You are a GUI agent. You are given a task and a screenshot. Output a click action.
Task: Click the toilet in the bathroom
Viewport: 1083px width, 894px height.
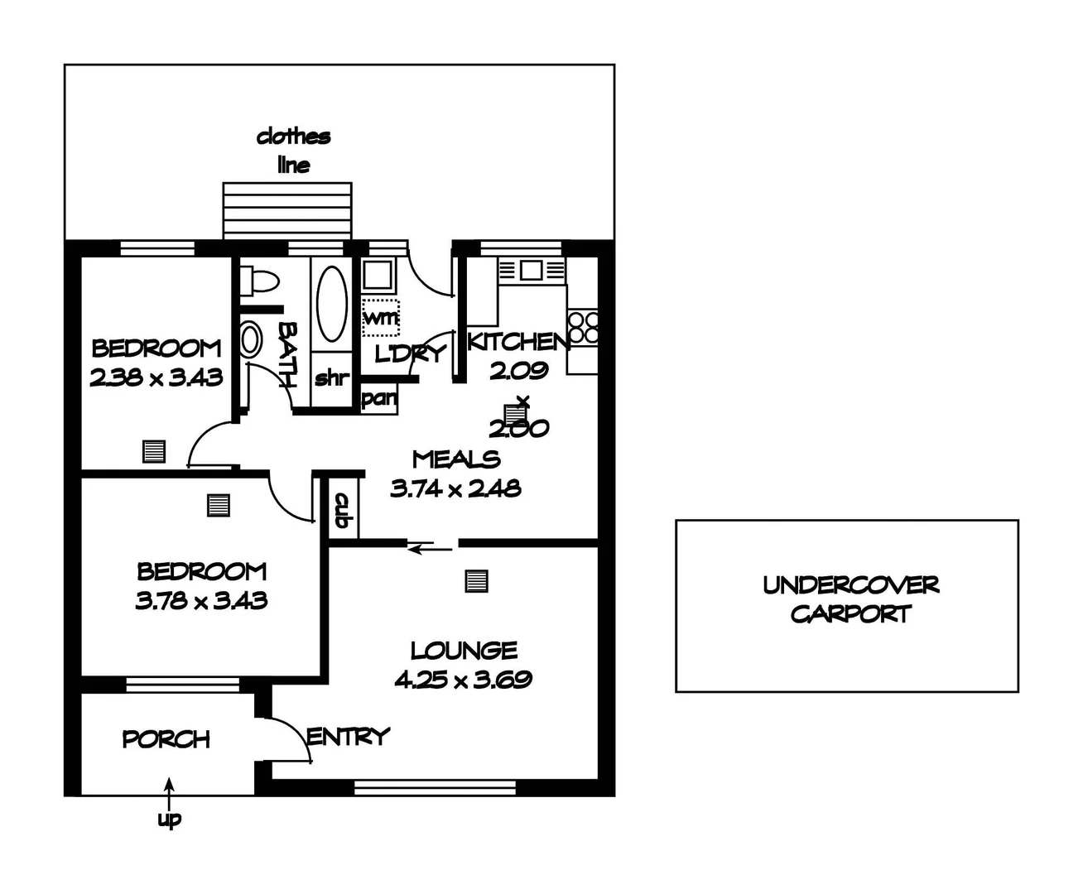point(259,281)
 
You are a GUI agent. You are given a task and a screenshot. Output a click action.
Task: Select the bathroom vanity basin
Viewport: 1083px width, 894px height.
point(251,339)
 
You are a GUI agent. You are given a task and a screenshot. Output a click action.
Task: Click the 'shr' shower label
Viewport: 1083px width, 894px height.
point(332,377)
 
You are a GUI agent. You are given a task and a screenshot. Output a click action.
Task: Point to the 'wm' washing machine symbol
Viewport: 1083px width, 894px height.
point(381,317)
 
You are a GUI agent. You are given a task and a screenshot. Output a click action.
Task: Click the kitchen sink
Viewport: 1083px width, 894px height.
point(532,270)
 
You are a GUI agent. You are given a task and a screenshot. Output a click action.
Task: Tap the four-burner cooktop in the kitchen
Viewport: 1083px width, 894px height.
point(583,327)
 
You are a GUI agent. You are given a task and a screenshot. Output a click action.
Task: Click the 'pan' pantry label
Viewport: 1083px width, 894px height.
point(379,398)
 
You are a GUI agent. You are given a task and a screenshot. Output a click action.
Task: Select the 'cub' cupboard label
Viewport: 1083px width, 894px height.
point(343,510)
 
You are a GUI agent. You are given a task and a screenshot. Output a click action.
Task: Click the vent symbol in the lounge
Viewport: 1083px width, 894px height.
point(477,581)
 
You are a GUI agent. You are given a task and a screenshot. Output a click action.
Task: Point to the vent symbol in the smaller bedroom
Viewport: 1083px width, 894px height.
point(154,451)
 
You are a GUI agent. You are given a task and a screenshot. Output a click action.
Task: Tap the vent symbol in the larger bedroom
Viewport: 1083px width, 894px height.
point(219,505)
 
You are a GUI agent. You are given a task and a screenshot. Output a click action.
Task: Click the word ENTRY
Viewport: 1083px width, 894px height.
point(348,737)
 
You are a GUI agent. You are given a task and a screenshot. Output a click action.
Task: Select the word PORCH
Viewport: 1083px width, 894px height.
point(166,739)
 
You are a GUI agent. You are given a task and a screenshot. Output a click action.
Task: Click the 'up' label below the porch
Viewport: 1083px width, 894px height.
point(169,819)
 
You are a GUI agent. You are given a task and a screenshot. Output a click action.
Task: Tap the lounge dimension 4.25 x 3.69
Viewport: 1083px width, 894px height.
point(463,680)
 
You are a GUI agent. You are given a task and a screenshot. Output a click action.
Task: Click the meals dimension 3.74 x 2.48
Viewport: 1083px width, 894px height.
point(455,488)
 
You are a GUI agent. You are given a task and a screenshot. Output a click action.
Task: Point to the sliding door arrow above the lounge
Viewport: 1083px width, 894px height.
point(430,548)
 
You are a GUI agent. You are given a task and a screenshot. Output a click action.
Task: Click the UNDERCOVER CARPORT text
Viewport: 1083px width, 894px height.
point(851,599)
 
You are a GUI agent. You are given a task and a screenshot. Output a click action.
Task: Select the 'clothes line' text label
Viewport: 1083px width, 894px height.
point(294,151)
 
